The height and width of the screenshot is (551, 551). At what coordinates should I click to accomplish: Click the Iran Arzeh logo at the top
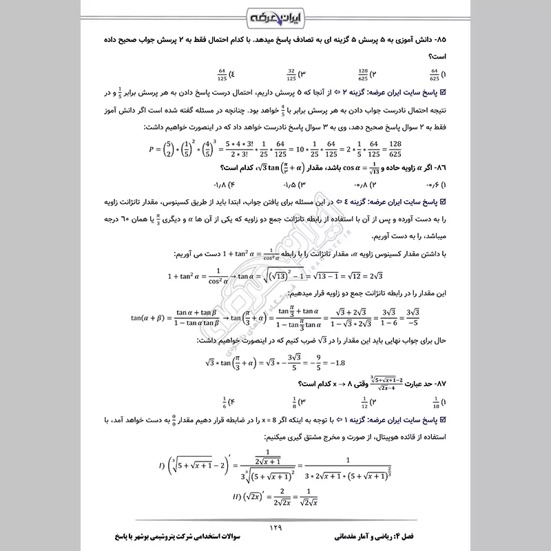275,16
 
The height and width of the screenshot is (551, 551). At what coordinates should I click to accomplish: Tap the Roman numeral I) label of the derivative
160,467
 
